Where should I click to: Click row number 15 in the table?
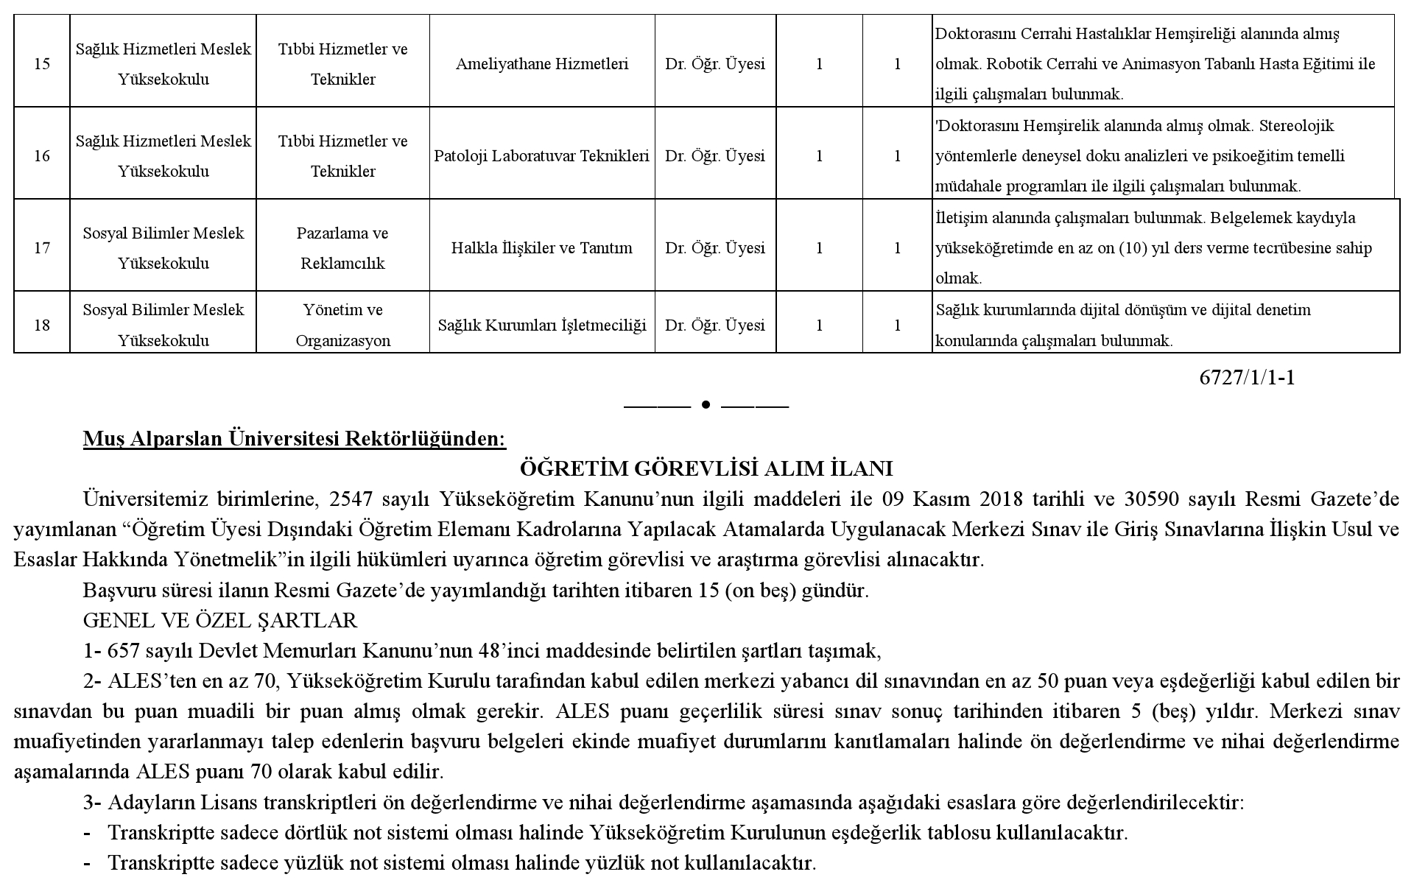[x=42, y=64]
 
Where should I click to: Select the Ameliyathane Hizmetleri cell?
[x=542, y=64]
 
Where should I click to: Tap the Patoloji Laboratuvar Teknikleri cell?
[x=542, y=156]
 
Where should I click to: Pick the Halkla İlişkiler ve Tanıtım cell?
[x=542, y=248]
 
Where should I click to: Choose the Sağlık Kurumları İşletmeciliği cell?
[x=542, y=325]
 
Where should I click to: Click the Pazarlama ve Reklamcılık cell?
[x=342, y=248]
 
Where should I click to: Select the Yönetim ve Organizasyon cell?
[x=342, y=325]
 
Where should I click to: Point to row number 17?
[x=42, y=248]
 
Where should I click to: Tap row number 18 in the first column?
[x=42, y=325]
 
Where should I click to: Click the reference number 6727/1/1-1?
[x=1247, y=378]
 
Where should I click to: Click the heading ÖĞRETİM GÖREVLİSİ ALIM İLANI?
[x=706, y=469]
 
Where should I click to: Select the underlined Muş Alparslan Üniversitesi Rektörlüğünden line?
[x=295, y=439]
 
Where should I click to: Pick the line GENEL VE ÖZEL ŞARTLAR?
[x=220, y=621]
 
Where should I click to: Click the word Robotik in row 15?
[x=1013, y=64]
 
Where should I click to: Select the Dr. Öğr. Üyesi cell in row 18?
[x=715, y=325]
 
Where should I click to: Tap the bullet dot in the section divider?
[x=706, y=404]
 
